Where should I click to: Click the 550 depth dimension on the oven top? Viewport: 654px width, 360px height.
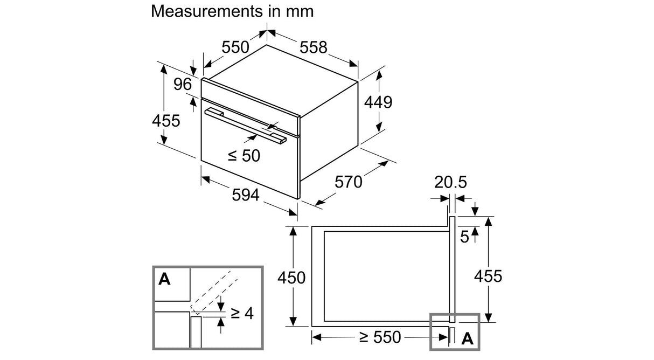235,47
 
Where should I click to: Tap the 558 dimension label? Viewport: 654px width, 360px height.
314,47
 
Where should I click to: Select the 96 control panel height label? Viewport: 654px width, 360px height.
183,84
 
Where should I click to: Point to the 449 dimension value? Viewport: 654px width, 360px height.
378,102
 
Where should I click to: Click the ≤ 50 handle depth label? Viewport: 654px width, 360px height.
244,156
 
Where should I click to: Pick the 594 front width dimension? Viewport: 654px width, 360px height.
246,195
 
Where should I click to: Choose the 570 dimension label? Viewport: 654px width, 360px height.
349,182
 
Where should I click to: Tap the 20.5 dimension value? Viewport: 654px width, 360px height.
450,182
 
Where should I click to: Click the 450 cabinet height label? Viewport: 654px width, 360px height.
291,278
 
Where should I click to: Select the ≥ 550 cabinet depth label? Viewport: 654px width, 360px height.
380,337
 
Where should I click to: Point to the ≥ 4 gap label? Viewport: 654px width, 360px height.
242,314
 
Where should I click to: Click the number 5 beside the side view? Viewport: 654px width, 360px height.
464,237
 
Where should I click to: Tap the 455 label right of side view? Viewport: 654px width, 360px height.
488,276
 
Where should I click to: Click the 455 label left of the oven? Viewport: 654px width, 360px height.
166,121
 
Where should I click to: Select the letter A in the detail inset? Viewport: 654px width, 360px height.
164,279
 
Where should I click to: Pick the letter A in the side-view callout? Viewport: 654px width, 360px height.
467,338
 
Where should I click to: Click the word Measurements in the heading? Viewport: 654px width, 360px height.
207,12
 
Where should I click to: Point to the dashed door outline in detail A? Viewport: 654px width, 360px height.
214,293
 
